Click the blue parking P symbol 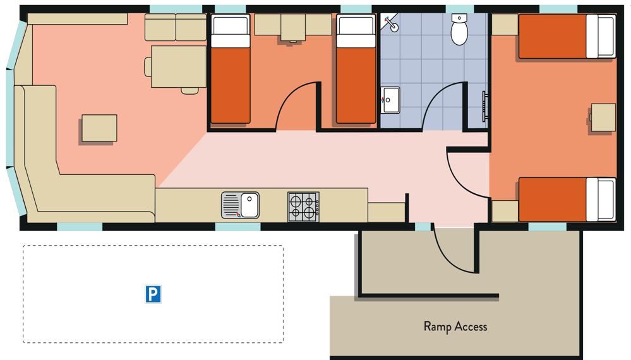point(153,294)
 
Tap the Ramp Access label point(455,327)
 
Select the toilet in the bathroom point(459,30)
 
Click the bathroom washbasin point(390,99)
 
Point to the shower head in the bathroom point(392,25)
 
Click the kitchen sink point(241,206)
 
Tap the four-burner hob point(303,207)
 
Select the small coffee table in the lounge point(99,128)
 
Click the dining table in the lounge point(178,66)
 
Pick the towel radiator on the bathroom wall point(485,106)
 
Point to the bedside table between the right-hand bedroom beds point(603,117)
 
